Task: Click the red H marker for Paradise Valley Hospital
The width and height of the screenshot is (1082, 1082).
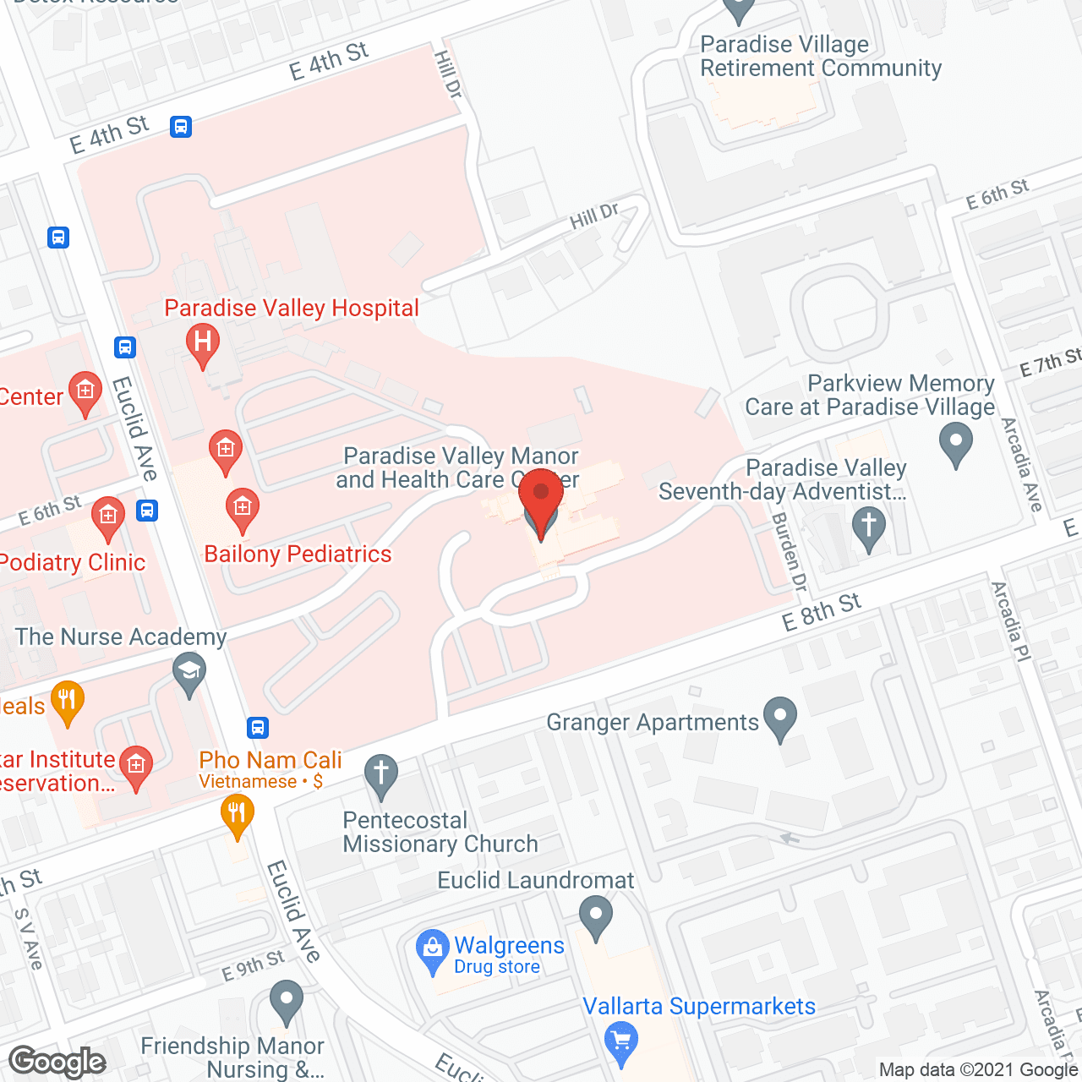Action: click(x=202, y=343)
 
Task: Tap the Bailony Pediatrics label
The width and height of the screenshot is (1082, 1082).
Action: click(x=298, y=555)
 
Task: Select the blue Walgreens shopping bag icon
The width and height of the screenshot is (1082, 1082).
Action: click(x=432, y=948)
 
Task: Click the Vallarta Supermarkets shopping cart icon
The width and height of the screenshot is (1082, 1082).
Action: click(x=621, y=1041)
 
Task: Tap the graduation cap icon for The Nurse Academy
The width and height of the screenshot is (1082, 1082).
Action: click(x=189, y=674)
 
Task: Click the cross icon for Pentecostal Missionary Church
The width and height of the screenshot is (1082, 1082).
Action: click(x=381, y=773)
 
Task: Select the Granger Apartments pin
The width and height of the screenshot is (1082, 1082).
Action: click(x=779, y=717)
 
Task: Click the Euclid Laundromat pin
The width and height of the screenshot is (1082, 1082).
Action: click(x=596, y=915)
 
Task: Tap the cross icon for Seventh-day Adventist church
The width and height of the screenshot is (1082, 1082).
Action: click(x=868, y=526)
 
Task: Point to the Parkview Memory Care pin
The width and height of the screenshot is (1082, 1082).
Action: click(x=956, y=442)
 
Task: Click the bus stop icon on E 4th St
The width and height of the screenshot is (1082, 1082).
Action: click(x=180, y=127)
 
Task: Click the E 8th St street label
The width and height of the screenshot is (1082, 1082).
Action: click(x=821, y=611)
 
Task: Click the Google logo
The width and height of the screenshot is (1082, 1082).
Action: click(x=57, y=1062)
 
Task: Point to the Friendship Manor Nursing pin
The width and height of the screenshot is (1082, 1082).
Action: click(x=287, y=1001)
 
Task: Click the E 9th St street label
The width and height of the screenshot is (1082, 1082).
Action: click(x=254, y=966)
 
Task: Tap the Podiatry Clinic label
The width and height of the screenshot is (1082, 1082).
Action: click(x=73, y=563)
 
